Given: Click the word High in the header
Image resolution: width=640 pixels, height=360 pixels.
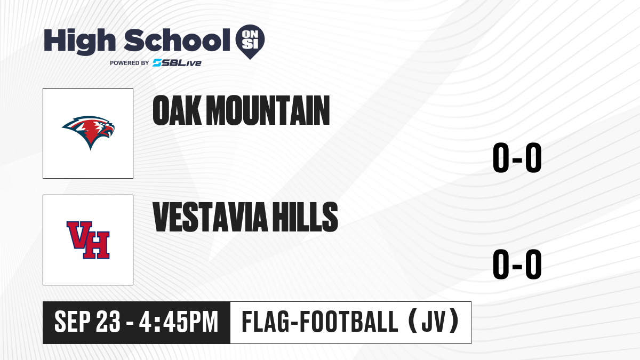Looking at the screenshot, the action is pos(79,41).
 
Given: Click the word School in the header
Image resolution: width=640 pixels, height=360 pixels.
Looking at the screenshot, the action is pos(177,40).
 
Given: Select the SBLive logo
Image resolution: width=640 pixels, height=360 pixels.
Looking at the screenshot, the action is pos(177,63).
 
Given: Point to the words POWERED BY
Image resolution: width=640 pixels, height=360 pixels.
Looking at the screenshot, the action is pos(130,63).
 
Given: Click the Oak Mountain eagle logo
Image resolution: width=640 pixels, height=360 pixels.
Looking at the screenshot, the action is pos(89,132).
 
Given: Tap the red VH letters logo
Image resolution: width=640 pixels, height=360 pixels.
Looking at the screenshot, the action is pos(88,240).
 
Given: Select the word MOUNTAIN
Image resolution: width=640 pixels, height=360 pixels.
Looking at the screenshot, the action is pos(268,110).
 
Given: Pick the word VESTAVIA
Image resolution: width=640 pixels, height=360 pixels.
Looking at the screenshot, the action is pos(210,217).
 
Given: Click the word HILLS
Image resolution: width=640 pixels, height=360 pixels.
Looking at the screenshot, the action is pos(305,217).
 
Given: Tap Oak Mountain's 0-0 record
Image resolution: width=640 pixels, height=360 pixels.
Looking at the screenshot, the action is pos(517,157).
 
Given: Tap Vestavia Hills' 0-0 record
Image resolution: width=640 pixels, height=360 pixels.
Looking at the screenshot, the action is pos(517,264).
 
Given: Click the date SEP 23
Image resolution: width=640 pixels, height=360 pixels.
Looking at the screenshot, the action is pos(87,322).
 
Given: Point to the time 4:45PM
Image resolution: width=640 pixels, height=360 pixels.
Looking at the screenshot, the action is pos(179,322).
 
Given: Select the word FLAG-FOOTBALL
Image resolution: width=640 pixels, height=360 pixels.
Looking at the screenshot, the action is pos(320,322).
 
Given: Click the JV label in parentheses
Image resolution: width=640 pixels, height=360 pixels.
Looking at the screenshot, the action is pos(434,321).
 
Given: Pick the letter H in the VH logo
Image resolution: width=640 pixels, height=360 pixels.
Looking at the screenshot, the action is pos(97,245).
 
